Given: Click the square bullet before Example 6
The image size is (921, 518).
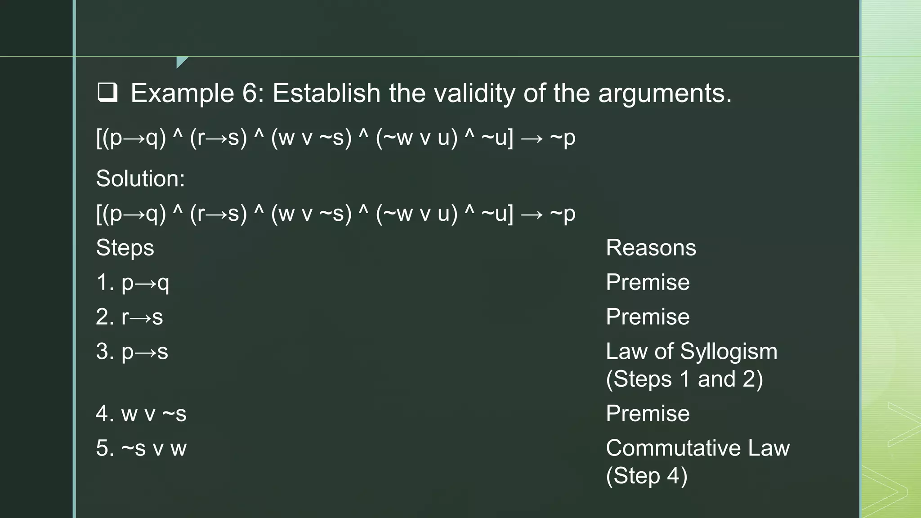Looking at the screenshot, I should [x=107, y=93].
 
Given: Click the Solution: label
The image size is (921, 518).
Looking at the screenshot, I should [x=140, y=179].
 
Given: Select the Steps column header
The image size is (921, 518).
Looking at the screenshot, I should [x=125, y=248].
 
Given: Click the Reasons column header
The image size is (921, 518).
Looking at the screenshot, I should [x=651, y=248].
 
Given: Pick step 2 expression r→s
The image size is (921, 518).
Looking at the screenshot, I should [x=142, y=317].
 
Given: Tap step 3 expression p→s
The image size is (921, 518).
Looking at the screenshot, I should [x=144, y=352].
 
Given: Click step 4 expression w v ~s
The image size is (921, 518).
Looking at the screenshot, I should [x=153, y=414].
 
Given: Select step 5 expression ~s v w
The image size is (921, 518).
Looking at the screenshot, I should [x=153, y=448].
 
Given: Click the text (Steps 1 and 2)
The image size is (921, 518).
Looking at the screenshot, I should [x=684, y=379].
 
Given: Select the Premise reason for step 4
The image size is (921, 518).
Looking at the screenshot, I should [x=648, y=414].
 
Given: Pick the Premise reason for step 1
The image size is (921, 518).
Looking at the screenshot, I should [x=648, y=282].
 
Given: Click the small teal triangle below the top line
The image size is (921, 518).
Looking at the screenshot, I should [x=181, y=61].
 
